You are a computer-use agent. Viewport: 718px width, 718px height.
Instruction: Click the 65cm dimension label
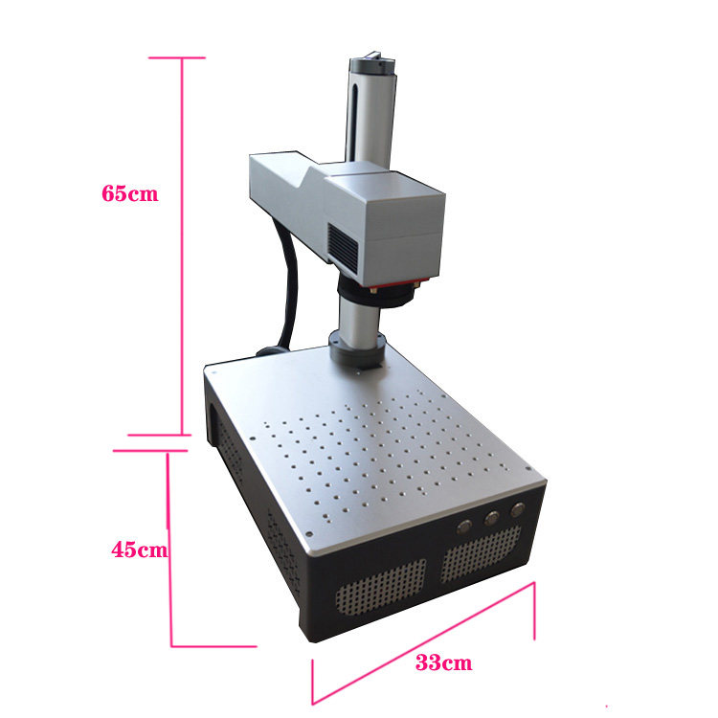(130, 193)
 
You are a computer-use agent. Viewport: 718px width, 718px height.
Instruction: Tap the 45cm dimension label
(140, 550)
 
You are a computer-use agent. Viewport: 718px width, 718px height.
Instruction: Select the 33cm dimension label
(443, 662)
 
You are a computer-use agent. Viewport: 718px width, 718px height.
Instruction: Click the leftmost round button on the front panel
(464, 527)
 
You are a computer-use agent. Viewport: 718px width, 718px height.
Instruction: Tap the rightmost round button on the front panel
(518, 509)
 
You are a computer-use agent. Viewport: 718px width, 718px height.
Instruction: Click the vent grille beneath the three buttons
(481, 553)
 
